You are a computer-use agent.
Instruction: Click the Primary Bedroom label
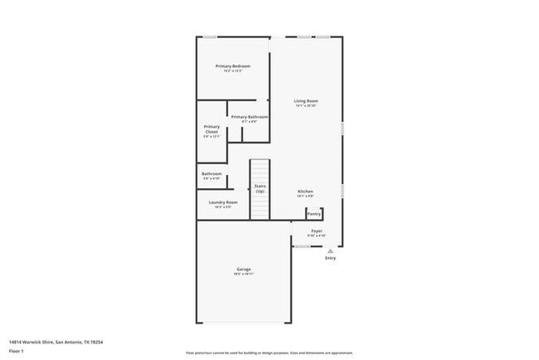click(232, 66)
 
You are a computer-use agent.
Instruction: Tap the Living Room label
click(306, 101)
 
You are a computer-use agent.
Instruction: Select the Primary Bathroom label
click(249, 117)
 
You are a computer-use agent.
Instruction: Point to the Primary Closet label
click(211, 129)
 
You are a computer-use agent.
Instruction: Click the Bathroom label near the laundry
click(211, 173)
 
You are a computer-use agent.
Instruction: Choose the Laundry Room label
click(223, 202)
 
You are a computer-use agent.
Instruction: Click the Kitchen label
click(305, 191)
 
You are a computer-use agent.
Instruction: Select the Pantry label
click(314, 213)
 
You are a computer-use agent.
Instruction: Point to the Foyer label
click(317, 231)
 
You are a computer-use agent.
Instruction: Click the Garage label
click(244, 269)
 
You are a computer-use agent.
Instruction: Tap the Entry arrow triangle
click(330, 250)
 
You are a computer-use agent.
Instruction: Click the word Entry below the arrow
click(330, 258)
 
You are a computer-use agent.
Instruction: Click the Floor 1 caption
click(16, 350)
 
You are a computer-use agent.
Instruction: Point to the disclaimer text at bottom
click(269, 352)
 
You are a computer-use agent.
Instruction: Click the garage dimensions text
click(244, 275)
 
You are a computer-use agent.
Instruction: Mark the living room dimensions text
click(306, 106)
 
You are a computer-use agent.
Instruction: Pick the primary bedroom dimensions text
click(232, 71)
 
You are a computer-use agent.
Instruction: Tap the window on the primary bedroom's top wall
click(211, 36)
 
